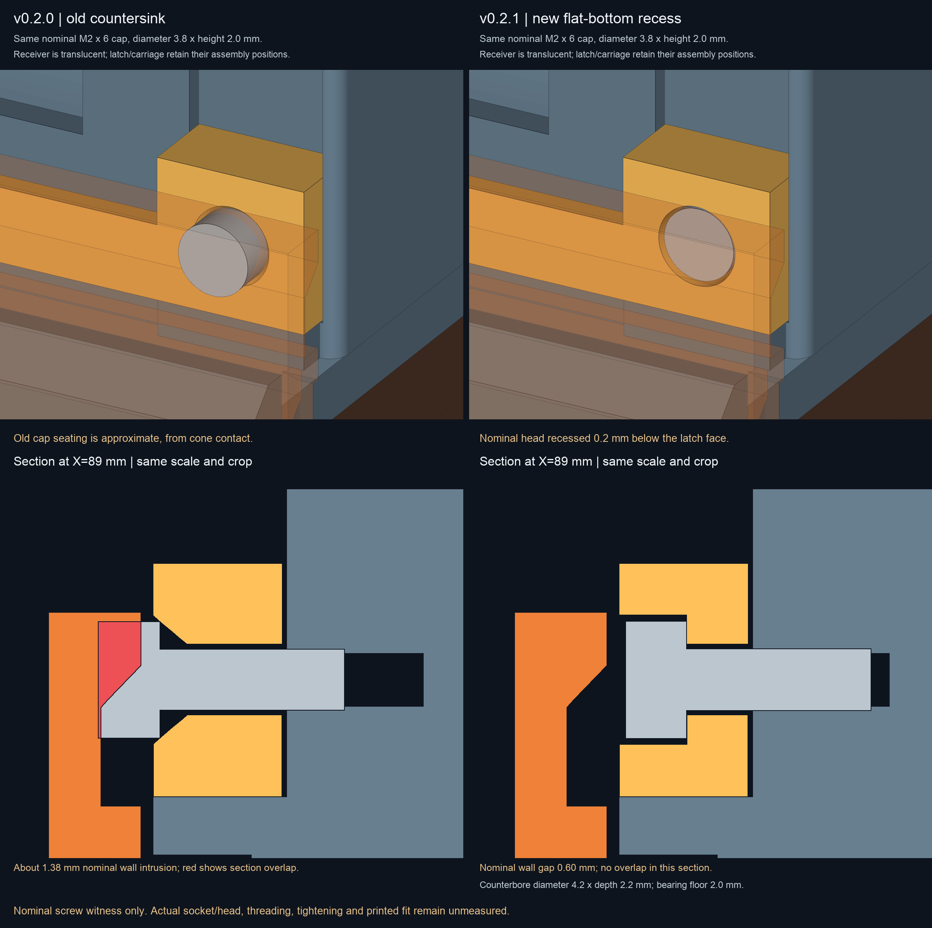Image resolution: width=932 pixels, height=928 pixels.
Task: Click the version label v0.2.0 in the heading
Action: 34,19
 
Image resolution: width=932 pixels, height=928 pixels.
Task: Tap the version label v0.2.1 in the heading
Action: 499,19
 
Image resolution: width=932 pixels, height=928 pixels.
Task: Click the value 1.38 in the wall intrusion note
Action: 52,868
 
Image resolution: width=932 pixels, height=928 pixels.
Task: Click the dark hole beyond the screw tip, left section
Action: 384,679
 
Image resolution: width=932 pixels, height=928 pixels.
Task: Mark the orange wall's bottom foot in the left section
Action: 94,832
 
